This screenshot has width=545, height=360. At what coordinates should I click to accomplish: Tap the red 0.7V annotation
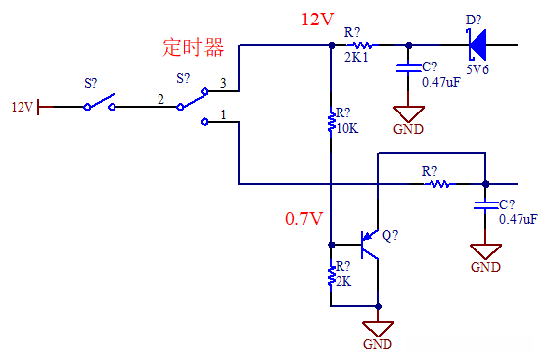click(303, 219)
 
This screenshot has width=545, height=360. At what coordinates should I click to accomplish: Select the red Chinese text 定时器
click(193, 47)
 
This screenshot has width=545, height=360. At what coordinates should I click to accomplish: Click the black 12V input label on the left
click(22, 106)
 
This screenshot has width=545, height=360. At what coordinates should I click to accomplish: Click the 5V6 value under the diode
click(477, 70)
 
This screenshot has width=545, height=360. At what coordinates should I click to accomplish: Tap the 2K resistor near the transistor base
click(332, 275)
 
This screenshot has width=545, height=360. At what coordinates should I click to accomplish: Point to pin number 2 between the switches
click(159, 98)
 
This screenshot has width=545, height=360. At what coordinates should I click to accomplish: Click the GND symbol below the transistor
click(378, 331)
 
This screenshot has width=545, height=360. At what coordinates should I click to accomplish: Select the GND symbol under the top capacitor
click(408, 114)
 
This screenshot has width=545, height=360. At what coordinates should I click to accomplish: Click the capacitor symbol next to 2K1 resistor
click(408, 68)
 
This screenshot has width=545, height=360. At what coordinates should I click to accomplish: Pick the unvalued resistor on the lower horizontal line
click(437, 183)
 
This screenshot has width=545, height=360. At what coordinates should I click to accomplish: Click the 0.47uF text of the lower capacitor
click(518, 219)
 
